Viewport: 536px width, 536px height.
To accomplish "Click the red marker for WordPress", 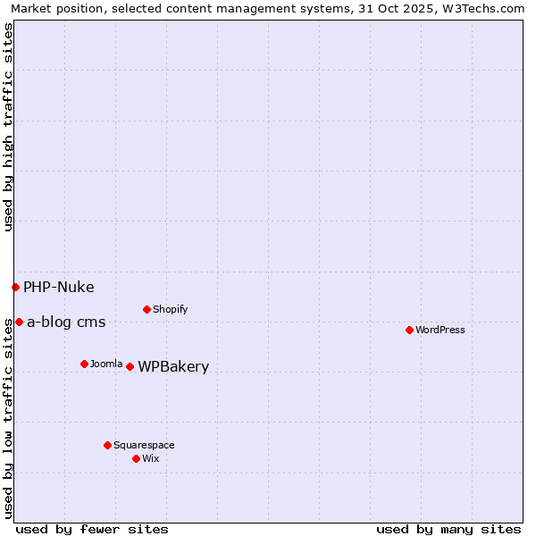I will (x=409, y=330).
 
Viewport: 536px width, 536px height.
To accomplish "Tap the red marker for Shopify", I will (x=147, y=309).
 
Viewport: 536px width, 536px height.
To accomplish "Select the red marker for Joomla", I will (x=84, y=364).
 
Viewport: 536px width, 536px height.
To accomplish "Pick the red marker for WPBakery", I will (x=130, y=366).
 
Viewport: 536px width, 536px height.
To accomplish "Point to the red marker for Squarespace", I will (x=107, y=445).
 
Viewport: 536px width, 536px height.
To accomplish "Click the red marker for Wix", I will (x=136, y=458).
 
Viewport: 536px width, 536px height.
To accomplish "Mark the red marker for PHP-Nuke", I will (x=15, y=287).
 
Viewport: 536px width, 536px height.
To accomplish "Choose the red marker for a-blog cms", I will (x=19, y=322).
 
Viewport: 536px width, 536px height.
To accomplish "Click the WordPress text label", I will (x=440, y=330).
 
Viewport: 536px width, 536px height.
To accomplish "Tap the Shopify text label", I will (x=171, y=309).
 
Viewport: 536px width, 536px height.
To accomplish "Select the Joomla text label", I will (x=106, y=364).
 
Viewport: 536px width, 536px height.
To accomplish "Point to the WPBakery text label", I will (x=173, y=366).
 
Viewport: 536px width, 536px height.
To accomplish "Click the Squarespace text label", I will (x=144, y=445).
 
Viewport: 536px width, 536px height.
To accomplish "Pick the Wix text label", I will (x=151, y=458).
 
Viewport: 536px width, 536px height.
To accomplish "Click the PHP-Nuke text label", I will (x=58, y=287).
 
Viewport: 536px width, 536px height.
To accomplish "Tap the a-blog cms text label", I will (x=66, y=322).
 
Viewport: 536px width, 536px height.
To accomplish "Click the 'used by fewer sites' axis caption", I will (x=92, y=529).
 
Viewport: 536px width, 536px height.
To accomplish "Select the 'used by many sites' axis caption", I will (x=448, y=529).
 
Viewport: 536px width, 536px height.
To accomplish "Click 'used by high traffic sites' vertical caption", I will (x=8, y=127).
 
